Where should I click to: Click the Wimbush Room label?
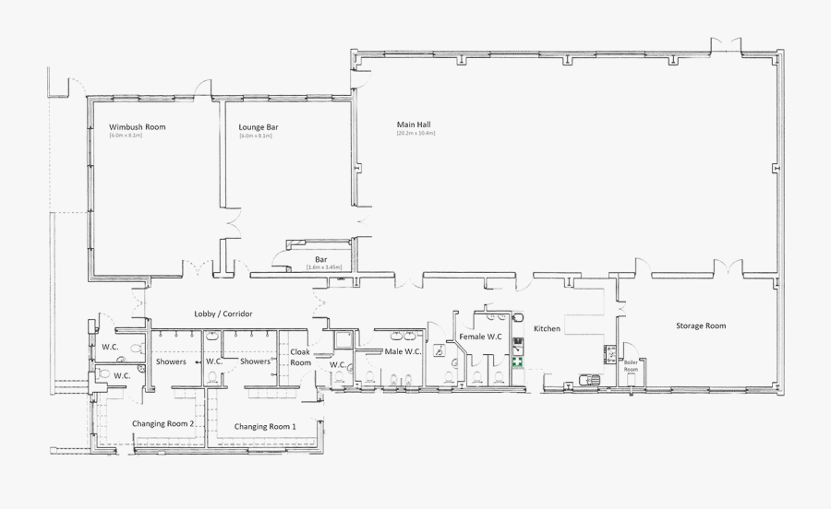137,126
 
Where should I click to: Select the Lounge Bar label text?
259,126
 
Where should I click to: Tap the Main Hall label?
414,124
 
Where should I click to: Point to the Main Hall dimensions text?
415,134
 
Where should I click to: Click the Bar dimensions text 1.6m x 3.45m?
324,267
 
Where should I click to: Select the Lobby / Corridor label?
223,314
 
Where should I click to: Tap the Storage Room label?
701,326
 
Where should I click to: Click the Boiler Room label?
632,365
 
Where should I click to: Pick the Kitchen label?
547,328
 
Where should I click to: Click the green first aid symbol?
518,362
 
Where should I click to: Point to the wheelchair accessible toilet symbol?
440,350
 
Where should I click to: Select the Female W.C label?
480,337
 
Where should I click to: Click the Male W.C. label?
403,351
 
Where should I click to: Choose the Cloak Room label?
301,357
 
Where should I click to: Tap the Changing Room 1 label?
265,427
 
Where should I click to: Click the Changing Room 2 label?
163,423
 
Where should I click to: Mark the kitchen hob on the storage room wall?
610,352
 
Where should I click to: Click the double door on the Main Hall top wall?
726,46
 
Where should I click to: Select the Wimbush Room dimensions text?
126,136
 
